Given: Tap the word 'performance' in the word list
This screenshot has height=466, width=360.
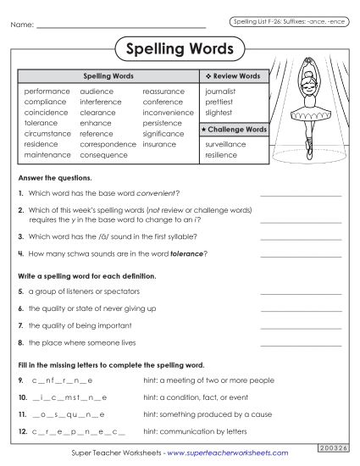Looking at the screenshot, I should coord(47,91).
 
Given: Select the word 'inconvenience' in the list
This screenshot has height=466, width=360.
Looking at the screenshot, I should coord(168,112).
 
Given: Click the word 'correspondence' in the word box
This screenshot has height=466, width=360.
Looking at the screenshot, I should coord(108,144).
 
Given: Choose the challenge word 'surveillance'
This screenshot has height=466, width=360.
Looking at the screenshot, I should coord(225,144).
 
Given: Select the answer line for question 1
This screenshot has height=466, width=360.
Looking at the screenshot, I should coord(301,195).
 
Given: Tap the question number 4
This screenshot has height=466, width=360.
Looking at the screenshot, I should coord(20,253).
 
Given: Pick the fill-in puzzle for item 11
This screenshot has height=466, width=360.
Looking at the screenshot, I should coord(68,415).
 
